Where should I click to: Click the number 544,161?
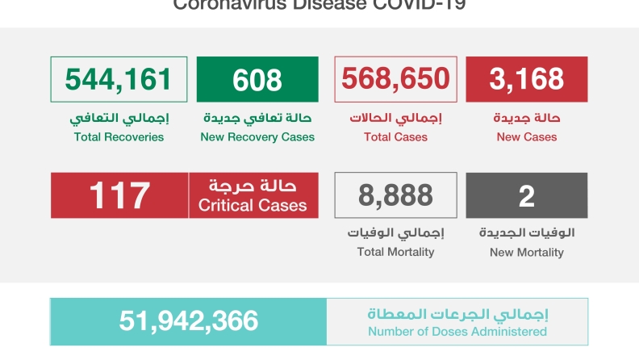point(119,79)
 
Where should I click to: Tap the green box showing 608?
point(257,79)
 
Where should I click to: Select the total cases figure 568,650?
point(395,79)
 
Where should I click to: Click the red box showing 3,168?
point(526,79)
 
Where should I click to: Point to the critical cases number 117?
point(119,195)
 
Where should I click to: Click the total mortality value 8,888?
point(395,195)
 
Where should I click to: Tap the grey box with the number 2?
point(526,195)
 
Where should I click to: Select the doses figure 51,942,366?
point(189,321)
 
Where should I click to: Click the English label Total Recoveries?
point(119,137)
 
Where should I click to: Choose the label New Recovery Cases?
point(257,137)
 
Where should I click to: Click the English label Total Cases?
point(395,137)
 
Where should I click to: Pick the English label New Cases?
point(526,137)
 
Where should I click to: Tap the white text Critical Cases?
point(253,206)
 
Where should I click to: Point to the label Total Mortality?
point(395,252)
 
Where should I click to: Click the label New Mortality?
point(526,253)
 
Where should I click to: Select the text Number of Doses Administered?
point(457,332)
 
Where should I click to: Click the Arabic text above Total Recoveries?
point(119,119)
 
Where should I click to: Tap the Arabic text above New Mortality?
point(527,233)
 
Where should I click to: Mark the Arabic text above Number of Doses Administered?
point(457,314)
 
